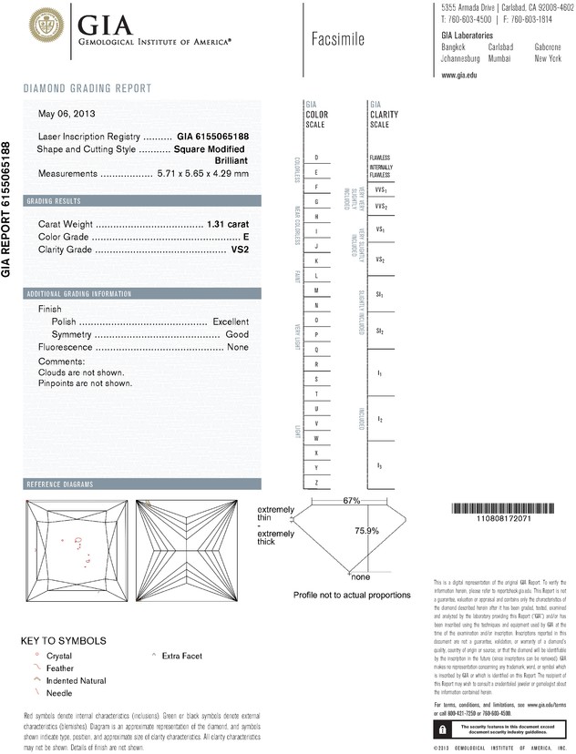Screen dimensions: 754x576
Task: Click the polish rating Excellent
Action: click(x=231, y=321)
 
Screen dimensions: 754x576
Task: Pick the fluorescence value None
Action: click(x=238, y=348)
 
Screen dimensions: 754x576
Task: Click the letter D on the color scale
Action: click(x=315, y=158)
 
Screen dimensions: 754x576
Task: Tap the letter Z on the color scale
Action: click(x=315, y=482)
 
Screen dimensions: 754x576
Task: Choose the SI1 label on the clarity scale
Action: click(x=379, y=295)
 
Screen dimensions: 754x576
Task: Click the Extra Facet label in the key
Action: click(x=182, y=655)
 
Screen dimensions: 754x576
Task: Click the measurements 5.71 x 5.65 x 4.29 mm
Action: click(x=202, y=173)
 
